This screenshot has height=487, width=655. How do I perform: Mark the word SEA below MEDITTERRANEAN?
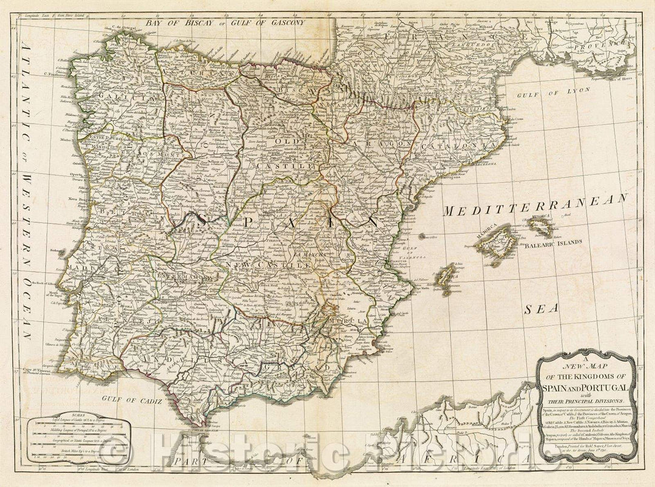[x=540, y=308]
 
